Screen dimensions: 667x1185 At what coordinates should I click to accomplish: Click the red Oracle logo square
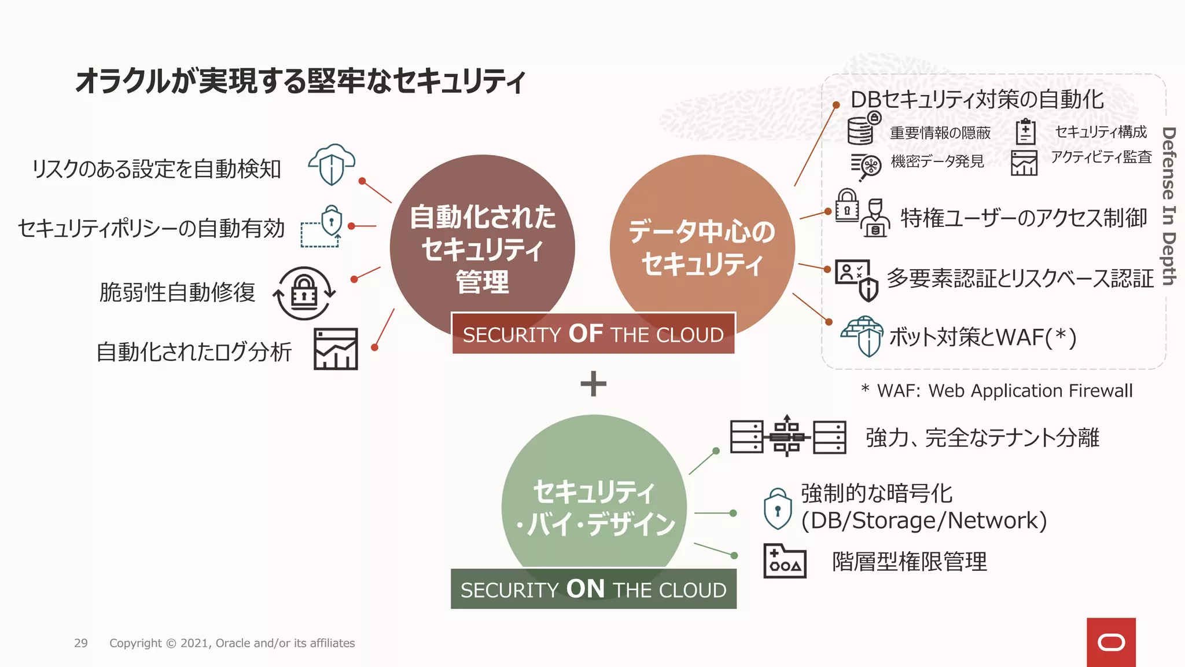1111,642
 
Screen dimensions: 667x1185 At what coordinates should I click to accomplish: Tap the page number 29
81,643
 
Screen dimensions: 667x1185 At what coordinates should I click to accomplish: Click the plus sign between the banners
593,384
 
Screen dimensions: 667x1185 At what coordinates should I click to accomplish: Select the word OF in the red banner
586,333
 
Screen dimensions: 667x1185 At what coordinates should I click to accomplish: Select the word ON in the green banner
586,589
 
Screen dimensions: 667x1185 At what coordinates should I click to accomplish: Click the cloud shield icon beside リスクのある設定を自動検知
332,164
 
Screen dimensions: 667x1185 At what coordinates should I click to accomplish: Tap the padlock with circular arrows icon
304,293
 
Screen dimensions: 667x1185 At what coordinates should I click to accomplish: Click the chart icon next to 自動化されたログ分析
336,349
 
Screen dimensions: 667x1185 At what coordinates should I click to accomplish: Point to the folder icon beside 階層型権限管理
785,561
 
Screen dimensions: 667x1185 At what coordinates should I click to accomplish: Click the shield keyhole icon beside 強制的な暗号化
778,509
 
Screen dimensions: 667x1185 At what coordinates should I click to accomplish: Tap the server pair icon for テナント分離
787,436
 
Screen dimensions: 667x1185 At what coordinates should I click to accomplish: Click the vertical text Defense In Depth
1168,206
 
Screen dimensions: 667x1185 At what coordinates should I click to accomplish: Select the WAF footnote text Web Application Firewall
1030,391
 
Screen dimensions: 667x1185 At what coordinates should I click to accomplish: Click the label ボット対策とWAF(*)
982,337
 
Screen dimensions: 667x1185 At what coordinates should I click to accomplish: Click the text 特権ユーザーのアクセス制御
1023,218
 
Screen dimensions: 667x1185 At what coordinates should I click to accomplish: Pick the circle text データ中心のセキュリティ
702,248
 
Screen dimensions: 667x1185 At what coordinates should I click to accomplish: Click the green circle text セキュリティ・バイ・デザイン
594,507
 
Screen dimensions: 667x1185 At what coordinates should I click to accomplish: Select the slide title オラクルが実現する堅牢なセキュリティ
300,80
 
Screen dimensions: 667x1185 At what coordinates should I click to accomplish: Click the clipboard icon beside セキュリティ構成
1025,131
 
